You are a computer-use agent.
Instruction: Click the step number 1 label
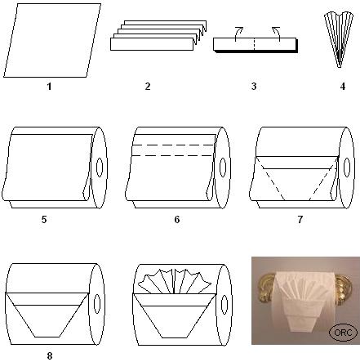point(49,87)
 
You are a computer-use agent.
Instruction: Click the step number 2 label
point(148,87)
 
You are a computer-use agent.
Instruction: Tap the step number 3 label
point(254,87)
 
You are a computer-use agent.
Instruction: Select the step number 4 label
point(343,87)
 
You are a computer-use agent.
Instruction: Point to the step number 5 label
point(44,219)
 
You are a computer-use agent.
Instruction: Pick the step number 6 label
point(177,219)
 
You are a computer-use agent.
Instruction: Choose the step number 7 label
point(300,219)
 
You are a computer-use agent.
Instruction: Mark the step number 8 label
point(50,355)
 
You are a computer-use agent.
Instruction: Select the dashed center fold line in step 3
point(254,44)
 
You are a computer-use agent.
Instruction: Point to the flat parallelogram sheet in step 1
point(52,40)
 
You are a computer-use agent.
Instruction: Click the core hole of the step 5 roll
point(100,167)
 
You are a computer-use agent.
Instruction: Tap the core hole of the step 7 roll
point(347,167)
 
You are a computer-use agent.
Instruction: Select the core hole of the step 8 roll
point(97,303)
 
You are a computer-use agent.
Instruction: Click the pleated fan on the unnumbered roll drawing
point(175,281)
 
